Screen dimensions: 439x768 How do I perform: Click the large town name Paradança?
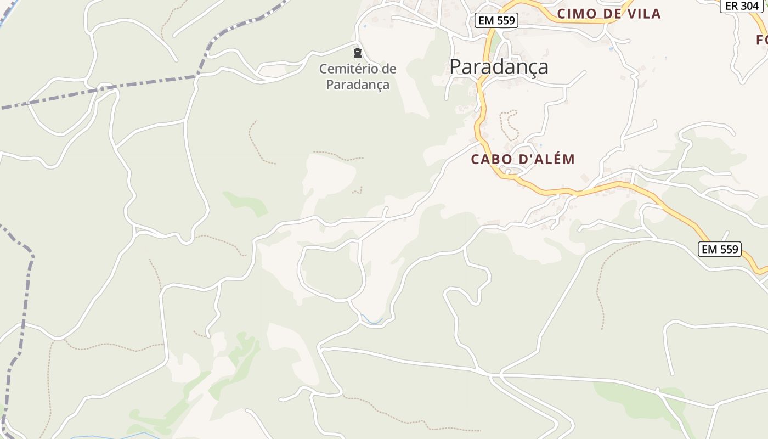(x=499, y=67)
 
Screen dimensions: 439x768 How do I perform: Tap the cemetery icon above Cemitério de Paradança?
(x=358, y=53)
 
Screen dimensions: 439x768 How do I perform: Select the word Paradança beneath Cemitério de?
(x=358, y=85)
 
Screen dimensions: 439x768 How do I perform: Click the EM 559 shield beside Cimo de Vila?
(x=496, y=20)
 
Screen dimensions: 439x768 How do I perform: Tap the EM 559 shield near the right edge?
(x=720, y=249)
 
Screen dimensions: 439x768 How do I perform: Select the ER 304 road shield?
(x=742, y=6)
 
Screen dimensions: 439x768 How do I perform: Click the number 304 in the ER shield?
(x=749, y=6)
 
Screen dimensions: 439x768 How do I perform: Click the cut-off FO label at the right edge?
(x=761, y=40)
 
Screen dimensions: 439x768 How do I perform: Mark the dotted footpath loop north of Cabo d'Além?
(x=509, y=125)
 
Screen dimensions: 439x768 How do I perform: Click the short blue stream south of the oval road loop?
(x=374, y=320)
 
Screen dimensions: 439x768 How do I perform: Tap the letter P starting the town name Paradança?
(x=455, y=67)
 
